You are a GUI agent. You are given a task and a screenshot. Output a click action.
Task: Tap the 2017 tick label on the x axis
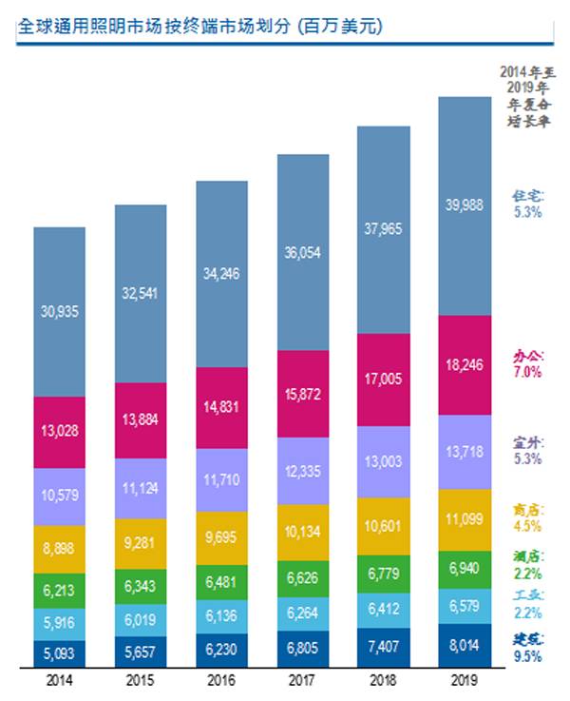302,679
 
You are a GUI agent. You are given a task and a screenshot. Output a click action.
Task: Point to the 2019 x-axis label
465,679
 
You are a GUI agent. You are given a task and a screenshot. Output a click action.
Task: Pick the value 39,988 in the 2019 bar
465,204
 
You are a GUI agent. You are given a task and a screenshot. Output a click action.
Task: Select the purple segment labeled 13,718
465,451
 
